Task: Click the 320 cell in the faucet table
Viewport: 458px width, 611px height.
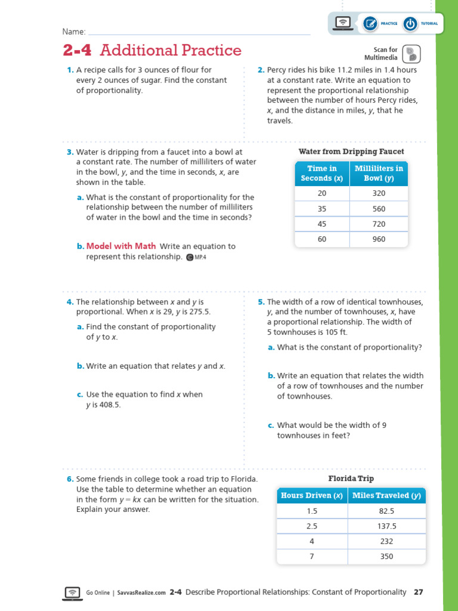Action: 379,193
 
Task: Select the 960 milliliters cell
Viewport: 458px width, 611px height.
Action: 379,239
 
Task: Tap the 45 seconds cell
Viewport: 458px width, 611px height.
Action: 322,224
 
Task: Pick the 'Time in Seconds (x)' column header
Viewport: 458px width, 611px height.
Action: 322,173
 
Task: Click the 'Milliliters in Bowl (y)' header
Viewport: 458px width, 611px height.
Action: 379,173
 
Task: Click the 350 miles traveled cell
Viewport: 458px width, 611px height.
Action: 386,556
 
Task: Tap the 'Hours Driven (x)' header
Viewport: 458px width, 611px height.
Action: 312,495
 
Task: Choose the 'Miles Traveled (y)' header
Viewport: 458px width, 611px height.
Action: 386,495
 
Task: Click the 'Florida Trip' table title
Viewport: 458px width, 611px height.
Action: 351,479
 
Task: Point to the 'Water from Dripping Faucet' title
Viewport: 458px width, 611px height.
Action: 351,152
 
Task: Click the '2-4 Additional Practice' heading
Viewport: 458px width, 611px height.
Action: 152,50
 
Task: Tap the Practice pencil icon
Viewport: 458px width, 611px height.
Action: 370,23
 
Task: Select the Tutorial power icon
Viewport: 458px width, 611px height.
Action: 410,23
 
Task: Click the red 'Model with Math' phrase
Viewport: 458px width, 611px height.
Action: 121,246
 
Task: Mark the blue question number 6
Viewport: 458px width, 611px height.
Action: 69,479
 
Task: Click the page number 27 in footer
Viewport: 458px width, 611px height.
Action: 418,592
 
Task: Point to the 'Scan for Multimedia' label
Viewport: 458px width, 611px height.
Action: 385,54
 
